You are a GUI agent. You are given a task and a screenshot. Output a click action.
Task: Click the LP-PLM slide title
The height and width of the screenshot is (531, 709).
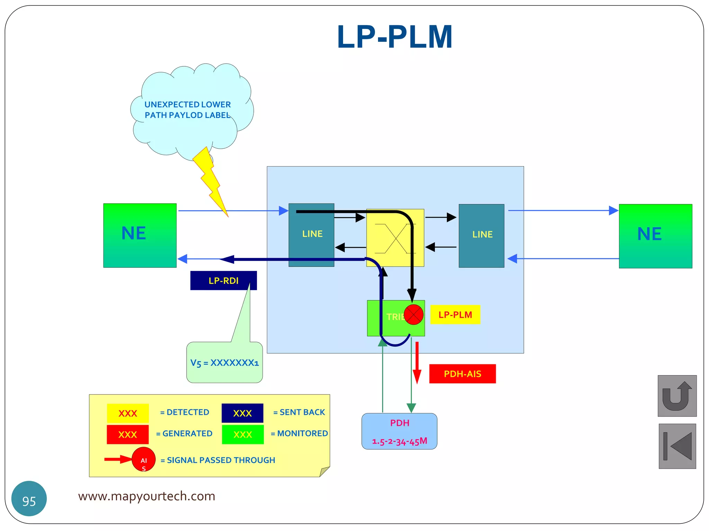(394, 37)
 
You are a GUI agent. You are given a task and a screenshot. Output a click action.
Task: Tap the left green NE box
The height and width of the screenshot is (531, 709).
(140, 235)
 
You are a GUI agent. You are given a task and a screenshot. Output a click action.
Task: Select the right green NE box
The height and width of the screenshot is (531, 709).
(655, 236)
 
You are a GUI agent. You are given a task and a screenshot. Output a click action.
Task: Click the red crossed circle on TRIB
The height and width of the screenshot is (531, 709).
(413, 315)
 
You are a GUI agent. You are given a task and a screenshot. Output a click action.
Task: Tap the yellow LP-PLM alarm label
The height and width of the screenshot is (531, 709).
(455, 315)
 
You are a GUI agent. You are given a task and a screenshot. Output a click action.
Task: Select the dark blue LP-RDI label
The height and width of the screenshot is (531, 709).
(223, 280)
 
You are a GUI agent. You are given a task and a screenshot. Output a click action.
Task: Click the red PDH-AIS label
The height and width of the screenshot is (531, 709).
(462, 374)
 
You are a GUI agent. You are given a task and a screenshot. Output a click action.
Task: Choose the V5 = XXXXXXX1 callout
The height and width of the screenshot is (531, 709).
(224, 363)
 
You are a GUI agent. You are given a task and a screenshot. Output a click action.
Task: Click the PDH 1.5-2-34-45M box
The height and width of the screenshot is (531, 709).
(399, 431)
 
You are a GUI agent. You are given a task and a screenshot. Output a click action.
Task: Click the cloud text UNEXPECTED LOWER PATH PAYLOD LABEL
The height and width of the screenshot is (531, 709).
(187, 110)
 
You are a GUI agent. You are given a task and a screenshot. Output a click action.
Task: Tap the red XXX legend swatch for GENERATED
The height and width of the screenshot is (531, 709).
(127, 434)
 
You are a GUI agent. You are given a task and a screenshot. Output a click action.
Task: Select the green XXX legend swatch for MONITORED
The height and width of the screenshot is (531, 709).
(242, 434)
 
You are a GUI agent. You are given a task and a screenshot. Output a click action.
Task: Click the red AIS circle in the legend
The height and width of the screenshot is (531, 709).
(143, 459)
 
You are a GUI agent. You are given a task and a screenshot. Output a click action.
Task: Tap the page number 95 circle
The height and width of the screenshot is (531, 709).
(29, 499)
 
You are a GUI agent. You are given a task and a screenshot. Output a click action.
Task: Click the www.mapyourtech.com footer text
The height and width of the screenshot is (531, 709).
(146, 496)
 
